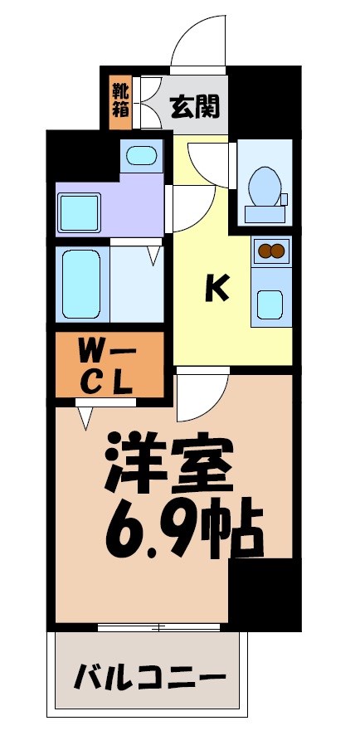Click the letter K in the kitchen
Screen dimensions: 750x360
coord(216,288)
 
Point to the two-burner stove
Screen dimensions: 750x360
coord(271,249)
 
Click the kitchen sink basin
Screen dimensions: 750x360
coord(271,304)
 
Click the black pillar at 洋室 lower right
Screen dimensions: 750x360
coord(264,593)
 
